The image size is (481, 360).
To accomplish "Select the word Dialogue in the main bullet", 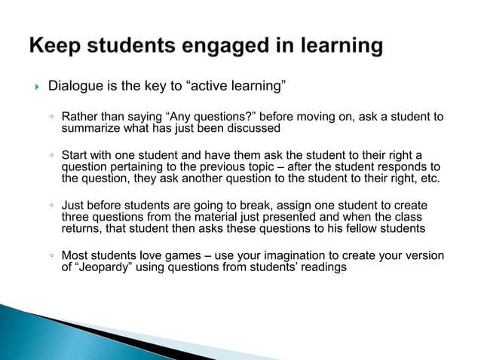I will (x=75, y=86).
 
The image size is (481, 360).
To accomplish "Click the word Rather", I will (x=79, y=117).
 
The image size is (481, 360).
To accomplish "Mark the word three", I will (x=76, y=217).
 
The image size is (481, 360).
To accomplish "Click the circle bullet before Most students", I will (x=49, y=255).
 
